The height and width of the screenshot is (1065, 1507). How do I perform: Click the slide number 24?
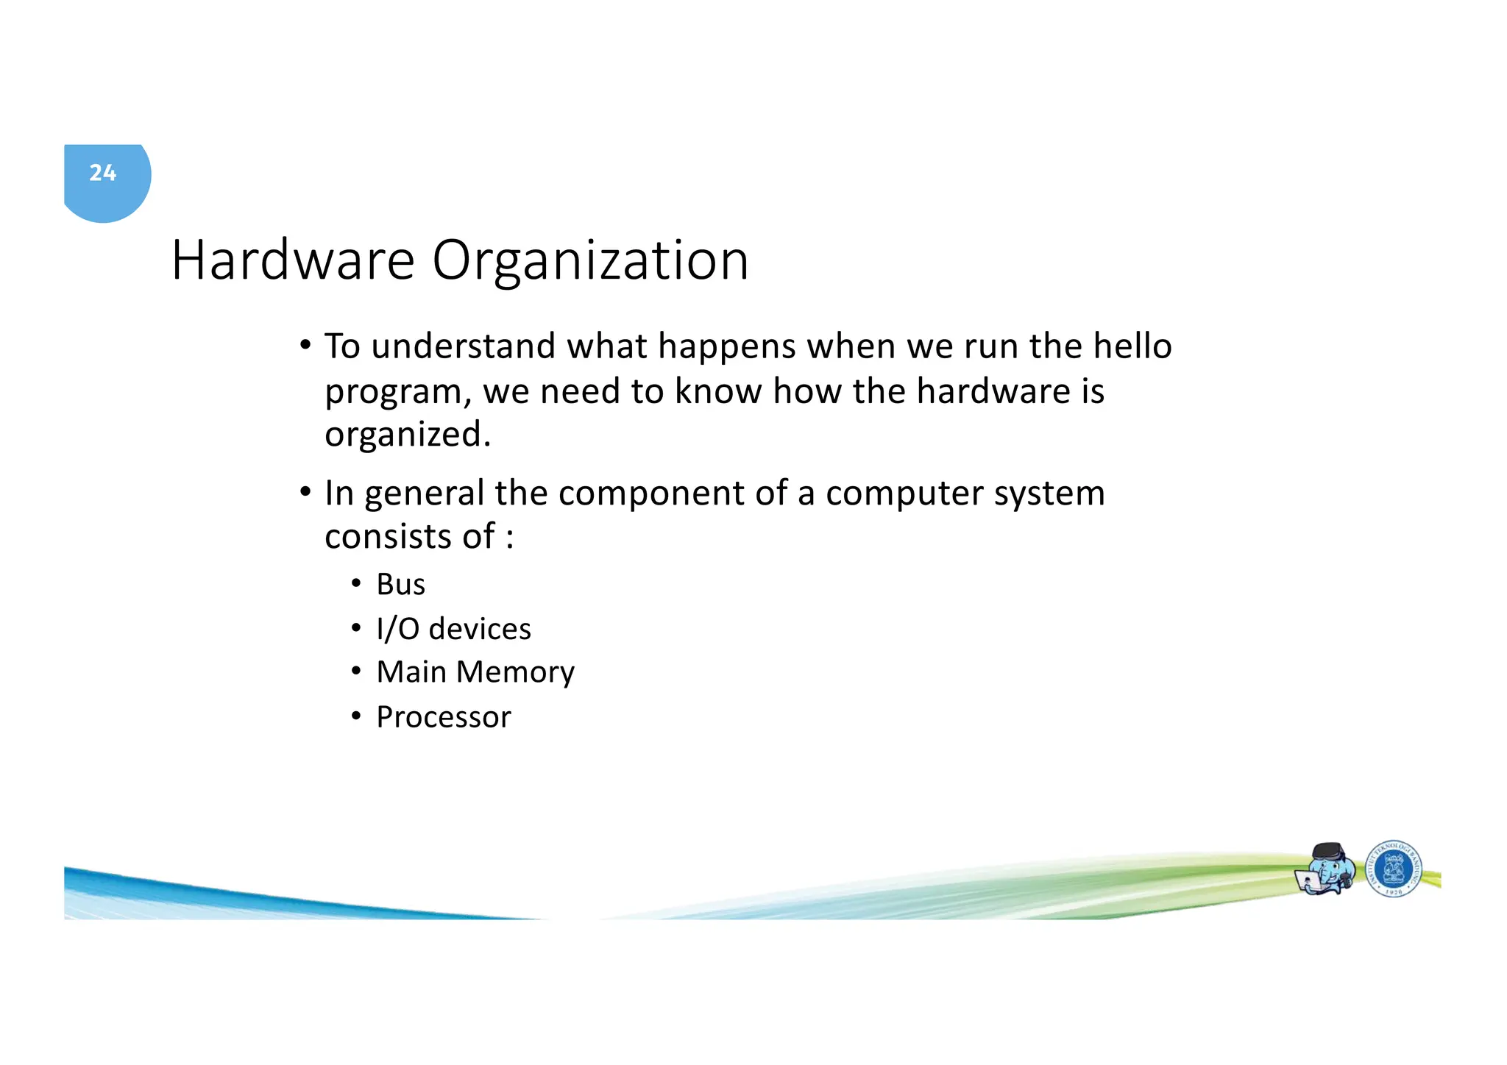point(103,173)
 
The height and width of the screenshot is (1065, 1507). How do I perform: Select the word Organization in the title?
point(590,262)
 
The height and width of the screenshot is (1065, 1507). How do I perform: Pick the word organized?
point(407,435)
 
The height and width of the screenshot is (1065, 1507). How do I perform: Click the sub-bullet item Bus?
point(400,585)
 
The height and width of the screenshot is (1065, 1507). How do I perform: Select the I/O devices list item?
point(453,629)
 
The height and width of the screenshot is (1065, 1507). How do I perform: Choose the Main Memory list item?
point(475,672)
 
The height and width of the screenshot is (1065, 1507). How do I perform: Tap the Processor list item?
point(443,717)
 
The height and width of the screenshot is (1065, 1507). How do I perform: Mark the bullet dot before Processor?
point(356,716)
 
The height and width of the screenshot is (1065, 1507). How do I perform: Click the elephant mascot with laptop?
point(1325,869)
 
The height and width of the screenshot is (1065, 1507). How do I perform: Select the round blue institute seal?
point(1393,869)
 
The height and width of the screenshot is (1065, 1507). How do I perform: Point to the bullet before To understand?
point(305,346)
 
